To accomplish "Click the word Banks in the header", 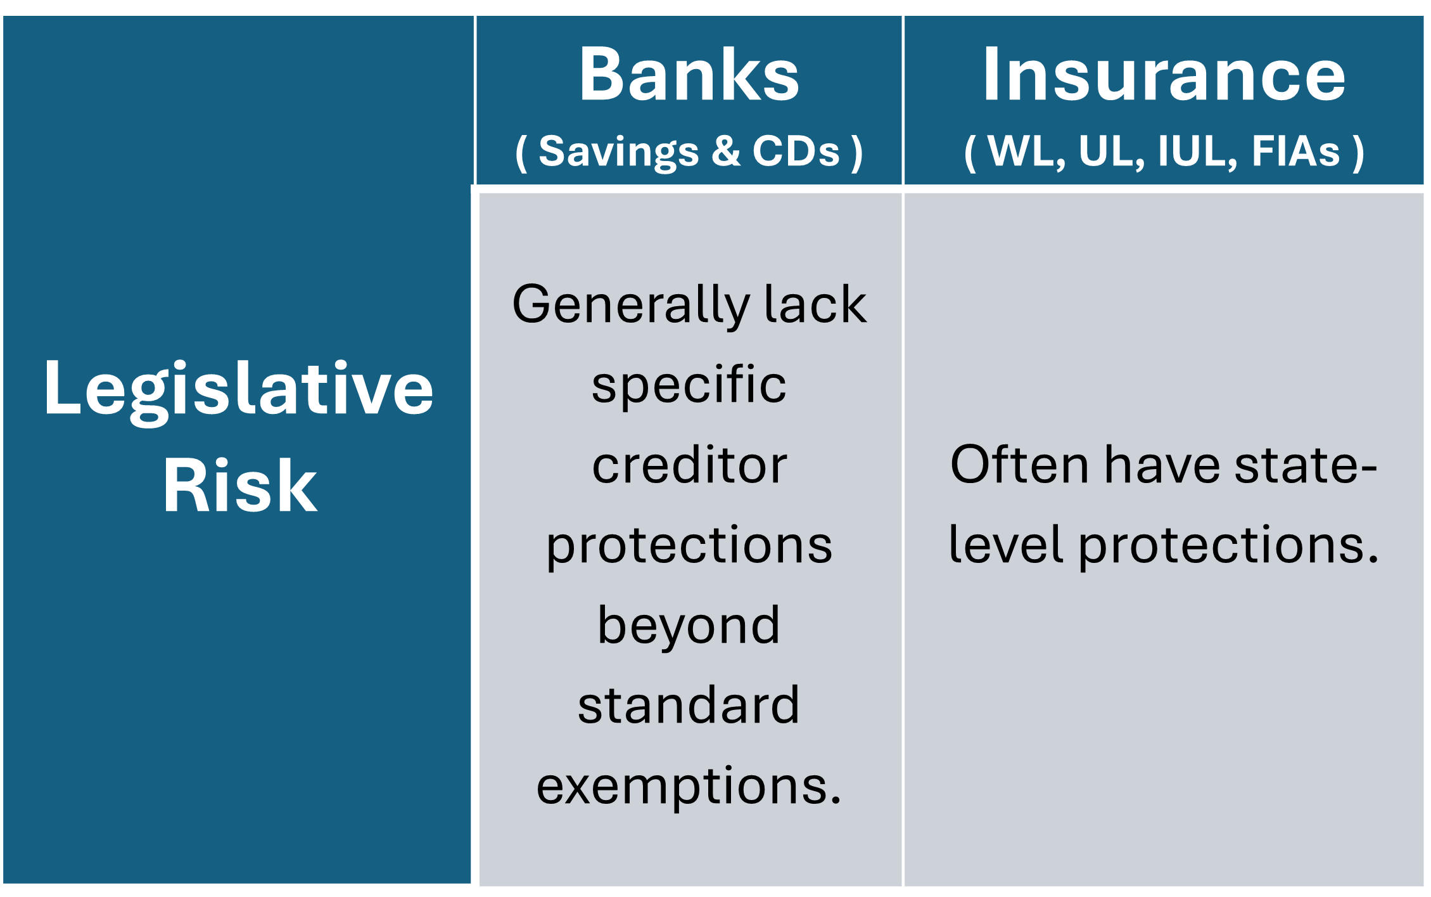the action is pyautogui.click(x=689, y=74).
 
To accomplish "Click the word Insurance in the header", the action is pyautogui.click(x=1164, y=74).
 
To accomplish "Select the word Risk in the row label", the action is pyautogui.click(x=239, y=485).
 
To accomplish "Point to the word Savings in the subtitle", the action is pyautogui.click(x=618, y=153).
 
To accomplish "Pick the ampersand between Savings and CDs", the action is pyautogui.click(x=726, y=152).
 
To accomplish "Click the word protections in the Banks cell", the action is pyautogui.click(x=689, y=547).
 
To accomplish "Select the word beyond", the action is pyautogui.click(x=689, y=626).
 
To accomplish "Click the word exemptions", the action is pyautogui.click(x=689, y=787).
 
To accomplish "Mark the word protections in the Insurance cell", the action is pyautogui.click(x=1228, y=547).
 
